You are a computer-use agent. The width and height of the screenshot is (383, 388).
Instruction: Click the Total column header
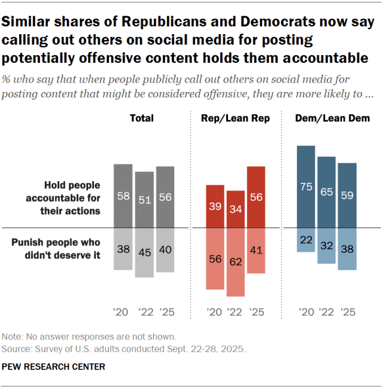142,118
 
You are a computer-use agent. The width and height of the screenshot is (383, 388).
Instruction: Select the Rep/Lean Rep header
235,118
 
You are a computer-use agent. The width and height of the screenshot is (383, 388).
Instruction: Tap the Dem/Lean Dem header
332,118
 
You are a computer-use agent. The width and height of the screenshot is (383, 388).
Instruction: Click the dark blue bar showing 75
306,187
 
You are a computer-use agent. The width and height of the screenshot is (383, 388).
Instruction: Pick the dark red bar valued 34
235,209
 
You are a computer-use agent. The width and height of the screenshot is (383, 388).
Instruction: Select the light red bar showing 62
235,262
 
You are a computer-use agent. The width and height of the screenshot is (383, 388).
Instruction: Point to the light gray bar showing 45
144,252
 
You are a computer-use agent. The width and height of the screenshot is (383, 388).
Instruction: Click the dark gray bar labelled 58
123,196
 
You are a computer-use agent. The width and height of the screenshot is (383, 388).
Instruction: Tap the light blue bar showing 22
306,240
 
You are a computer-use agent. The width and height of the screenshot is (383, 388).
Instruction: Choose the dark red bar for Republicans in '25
256,197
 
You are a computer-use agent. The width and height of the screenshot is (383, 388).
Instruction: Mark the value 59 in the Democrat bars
347,195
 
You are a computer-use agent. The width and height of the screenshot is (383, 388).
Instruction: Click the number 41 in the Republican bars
256,250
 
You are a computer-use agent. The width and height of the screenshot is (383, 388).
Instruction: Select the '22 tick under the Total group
144,312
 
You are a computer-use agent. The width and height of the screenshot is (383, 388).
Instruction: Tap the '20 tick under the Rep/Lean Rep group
215,312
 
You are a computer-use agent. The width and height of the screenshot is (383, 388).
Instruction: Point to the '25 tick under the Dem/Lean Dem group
348,312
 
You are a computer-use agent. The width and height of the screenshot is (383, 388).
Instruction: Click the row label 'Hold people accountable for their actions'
72,198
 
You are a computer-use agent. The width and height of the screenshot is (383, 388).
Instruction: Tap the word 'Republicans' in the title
159,22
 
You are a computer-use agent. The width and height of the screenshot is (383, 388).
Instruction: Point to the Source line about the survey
123,348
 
